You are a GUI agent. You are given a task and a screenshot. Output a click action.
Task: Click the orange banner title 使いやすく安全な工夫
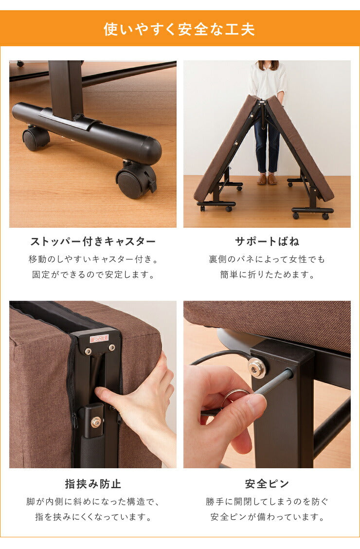[180, 29]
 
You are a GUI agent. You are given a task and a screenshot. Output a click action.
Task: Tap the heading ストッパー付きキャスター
[93, 241]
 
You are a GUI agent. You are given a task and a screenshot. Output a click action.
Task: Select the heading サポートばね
[267, 241]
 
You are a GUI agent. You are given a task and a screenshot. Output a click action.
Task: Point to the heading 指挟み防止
[93, 484]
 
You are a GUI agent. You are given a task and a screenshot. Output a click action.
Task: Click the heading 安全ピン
[267, 484]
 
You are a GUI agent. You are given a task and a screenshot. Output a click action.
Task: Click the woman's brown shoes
[267, 180]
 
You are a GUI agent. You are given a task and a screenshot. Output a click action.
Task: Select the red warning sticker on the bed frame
[99, 338]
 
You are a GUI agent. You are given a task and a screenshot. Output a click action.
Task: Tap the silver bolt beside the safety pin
[256, 367]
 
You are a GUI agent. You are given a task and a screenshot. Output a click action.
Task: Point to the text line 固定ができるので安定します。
[93, 274]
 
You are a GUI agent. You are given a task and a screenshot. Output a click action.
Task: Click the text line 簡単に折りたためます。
[267, 274]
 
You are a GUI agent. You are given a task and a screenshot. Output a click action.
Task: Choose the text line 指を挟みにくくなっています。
[93, 517]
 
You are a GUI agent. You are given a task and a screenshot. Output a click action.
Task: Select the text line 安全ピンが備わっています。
[267, 517]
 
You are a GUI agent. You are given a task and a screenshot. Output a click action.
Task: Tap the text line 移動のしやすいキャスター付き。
[93, 259]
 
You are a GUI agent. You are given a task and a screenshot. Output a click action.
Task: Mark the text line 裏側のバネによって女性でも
[267, 259]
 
